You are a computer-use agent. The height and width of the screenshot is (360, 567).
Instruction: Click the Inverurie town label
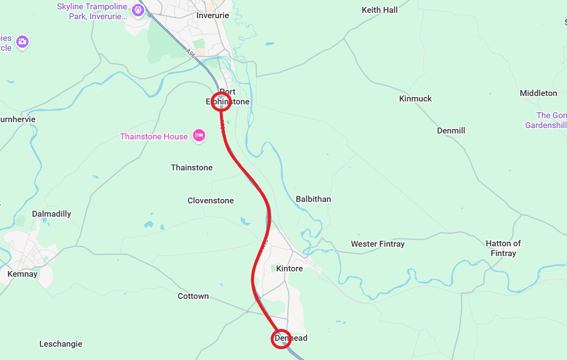click(x=213, y=15)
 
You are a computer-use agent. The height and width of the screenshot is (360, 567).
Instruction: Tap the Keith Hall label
click(x=379, y=10)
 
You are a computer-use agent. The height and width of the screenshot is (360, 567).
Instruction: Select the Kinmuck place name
click(x=415, y=98)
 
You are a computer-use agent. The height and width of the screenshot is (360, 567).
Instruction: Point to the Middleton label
click(x=538, y=93)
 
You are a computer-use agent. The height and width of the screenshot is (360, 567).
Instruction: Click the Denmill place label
click(x=451, y=131)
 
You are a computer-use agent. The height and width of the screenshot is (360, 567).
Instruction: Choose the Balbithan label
click(x=313, y=199)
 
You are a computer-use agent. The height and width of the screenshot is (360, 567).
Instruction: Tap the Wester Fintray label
click(x=378, y=244)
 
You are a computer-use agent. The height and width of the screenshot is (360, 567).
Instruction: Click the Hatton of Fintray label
click(x=503, y=248)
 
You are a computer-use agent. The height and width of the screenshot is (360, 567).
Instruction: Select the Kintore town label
click(x=289, y=268)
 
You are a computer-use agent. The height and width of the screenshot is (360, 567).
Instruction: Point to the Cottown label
click(x=193, y=296)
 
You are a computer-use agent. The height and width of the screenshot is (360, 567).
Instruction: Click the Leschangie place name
click(x=61, y=344)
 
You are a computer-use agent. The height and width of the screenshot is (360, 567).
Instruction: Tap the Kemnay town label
click(x=22, y=274)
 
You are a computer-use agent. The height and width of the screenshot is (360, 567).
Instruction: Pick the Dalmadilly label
click(x=51, y=214)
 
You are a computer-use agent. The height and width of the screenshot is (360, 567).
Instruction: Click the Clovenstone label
click(x=211, y=200)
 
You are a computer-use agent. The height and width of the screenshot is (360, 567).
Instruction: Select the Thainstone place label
click(x=191, y=167)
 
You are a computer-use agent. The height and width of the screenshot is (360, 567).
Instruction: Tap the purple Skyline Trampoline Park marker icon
click(x=138, y=9)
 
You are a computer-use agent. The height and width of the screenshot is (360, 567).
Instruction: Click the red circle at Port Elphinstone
click(x=221, y=101)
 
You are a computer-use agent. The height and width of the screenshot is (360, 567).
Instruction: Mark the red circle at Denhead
click(x=281, y=339)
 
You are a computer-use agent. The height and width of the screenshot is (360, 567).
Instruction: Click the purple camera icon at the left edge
click(x=22, y=42)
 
